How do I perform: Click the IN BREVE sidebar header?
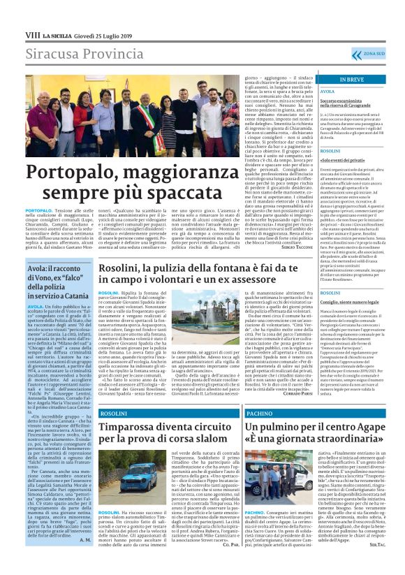(x=351, y=80)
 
